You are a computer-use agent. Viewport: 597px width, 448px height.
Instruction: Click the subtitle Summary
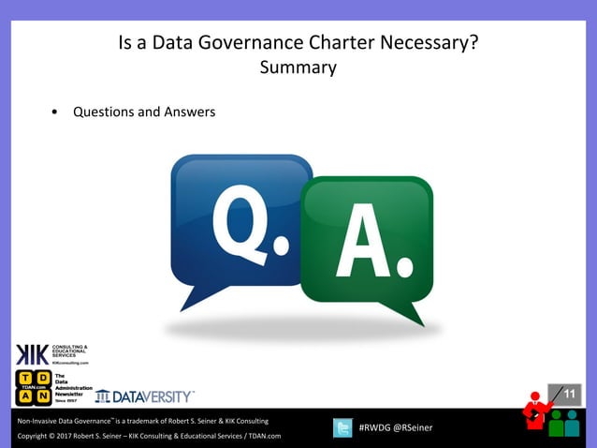[298, 67]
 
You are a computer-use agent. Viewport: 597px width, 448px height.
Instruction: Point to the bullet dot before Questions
[56, 112]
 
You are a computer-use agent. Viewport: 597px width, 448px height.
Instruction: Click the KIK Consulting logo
[51, 353]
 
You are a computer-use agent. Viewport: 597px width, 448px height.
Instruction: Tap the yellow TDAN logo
[34, 388]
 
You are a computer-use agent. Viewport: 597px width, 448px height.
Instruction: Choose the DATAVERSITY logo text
[153, 396]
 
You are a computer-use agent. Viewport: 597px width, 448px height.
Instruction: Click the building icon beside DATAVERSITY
[102, 396]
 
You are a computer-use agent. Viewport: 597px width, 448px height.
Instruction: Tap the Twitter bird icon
[342, 428]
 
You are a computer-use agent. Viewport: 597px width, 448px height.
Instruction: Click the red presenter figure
[536, 412]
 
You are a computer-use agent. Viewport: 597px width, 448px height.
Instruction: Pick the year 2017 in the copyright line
[65, 436]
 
